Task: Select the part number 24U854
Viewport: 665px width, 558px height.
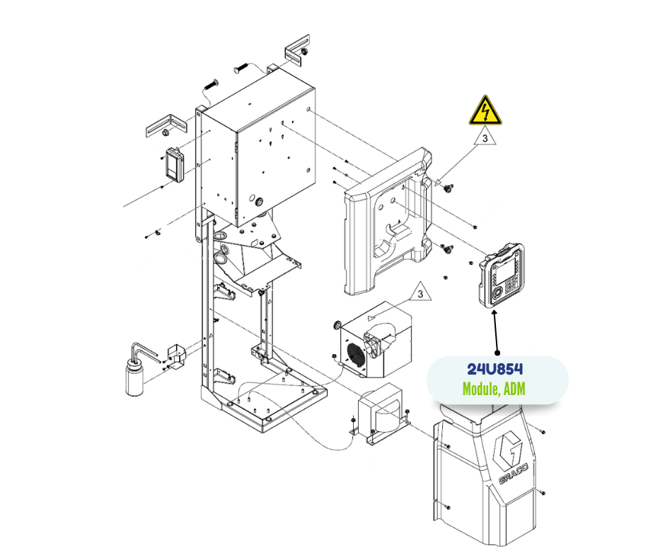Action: coord(495,370)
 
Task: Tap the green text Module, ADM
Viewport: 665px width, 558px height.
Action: coord(494,389)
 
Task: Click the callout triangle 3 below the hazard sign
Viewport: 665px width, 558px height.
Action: coord(485,139)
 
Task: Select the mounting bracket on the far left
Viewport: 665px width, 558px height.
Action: coord(165,125)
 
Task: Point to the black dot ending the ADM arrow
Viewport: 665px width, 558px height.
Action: coord(497,352)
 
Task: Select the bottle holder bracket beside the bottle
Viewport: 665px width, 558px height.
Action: coord(173,355)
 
